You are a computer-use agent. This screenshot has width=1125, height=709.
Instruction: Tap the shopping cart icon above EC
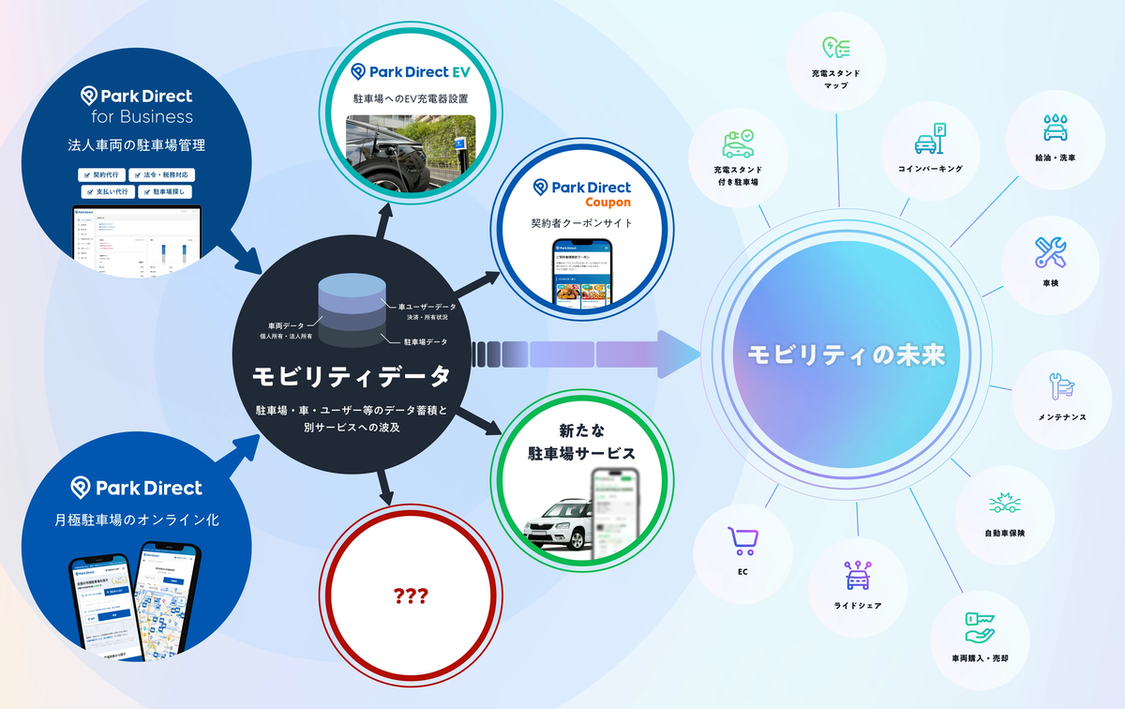coord(742,541)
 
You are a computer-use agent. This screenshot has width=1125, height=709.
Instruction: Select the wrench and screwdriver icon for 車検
coord(1049,250)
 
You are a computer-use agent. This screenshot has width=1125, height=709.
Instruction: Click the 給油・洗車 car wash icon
coord(1054,128)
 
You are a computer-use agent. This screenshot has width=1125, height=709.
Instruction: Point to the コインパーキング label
coord(930,169)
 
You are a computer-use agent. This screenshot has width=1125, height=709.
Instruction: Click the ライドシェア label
coord(857,605)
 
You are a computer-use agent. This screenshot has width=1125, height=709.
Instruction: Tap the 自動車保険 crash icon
coord(1004,505)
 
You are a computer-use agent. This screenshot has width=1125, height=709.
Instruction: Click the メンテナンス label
coord(1062,415)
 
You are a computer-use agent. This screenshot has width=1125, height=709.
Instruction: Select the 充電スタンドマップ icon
coord(834,49)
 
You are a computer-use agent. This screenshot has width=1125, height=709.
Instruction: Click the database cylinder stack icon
coord(351,306)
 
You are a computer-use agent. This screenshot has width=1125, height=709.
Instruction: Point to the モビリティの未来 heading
coord(846,355)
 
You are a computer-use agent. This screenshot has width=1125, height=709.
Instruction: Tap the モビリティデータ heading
coord(351,375)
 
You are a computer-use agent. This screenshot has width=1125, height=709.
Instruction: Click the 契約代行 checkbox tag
coord(100,174)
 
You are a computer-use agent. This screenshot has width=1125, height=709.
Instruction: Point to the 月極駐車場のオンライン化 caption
coord(137,520)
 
